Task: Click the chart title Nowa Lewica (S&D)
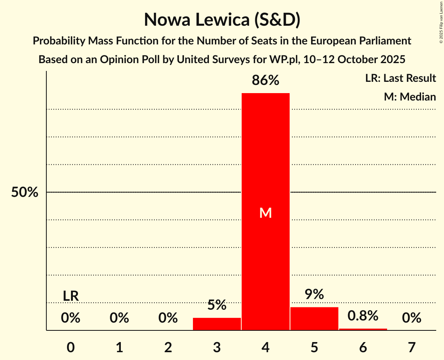click(222, 20)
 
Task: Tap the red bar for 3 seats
click(217, 324)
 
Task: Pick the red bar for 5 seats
click(314, 318)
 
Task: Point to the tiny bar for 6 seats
click(363, 329)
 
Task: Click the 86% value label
click(265, 80)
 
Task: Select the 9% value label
click(314, 295)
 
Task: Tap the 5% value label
click(217, 305)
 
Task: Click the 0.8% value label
click(363, 316)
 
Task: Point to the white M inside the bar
click(265, 213)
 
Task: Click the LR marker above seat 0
click(71, 296)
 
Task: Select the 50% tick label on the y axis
click(25, 192)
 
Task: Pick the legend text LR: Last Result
click(400, 78)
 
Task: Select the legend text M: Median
click(410, 97)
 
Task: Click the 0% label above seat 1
click(119, 318)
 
